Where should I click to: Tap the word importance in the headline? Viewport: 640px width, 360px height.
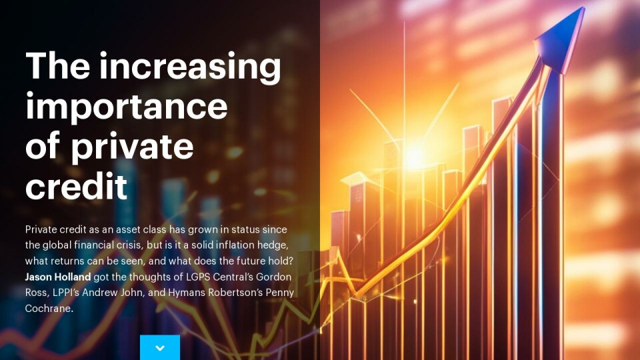(x=126, y=107)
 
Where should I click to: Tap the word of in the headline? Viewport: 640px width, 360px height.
(x=43, y=147)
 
